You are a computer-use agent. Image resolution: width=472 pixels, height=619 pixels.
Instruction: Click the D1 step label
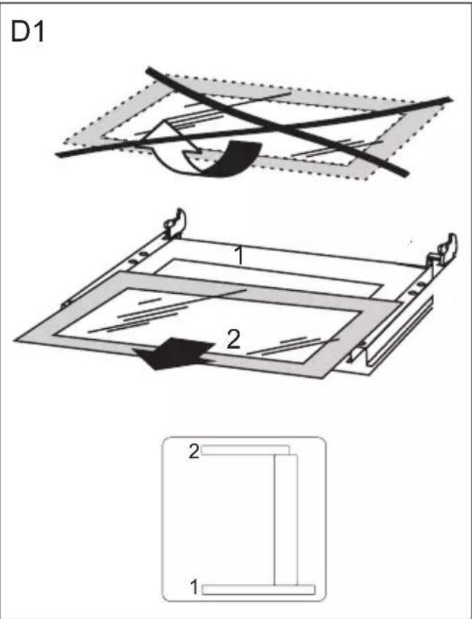[x=28, y=32]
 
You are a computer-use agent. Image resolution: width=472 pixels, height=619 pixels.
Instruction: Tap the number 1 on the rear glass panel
[x=239, y=255]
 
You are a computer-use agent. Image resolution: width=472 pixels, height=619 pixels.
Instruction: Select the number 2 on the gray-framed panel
[x=233, y=339]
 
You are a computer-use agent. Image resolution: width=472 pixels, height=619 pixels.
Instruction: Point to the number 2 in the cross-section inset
[x=194, y=451]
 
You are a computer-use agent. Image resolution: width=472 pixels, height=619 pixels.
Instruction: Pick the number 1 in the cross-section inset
[x=194, y=587]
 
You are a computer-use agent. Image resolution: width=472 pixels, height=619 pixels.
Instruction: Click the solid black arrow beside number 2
[x=173, y=353]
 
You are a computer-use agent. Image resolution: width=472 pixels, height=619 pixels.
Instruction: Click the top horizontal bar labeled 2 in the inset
[x=245, y=450]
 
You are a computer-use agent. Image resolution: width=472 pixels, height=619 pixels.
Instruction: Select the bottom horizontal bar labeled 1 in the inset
[x=258, y=590]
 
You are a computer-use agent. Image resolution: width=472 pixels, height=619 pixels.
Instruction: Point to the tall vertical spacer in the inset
[x=286, y=519]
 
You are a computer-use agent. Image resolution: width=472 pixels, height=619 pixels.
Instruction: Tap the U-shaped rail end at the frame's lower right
[x=361, y=353]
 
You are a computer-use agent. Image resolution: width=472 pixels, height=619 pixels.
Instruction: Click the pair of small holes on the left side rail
[x=138, y=256]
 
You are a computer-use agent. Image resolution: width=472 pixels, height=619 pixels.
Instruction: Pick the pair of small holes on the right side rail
[x=416, y=289]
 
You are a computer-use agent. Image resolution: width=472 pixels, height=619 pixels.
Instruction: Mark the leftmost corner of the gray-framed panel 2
[x=15, y=340]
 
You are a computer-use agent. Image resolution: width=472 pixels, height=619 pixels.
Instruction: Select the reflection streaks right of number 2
[x=292, y=346]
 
